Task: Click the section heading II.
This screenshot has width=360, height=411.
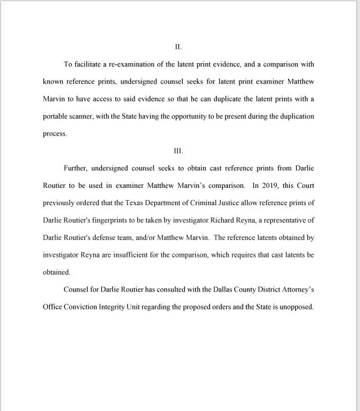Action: (179, 46)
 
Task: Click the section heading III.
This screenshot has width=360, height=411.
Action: (179, 151)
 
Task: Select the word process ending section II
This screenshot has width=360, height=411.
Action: (55, 134)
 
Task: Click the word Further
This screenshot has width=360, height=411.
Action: (76, 168)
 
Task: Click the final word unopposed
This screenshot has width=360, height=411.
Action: (296, 307)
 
